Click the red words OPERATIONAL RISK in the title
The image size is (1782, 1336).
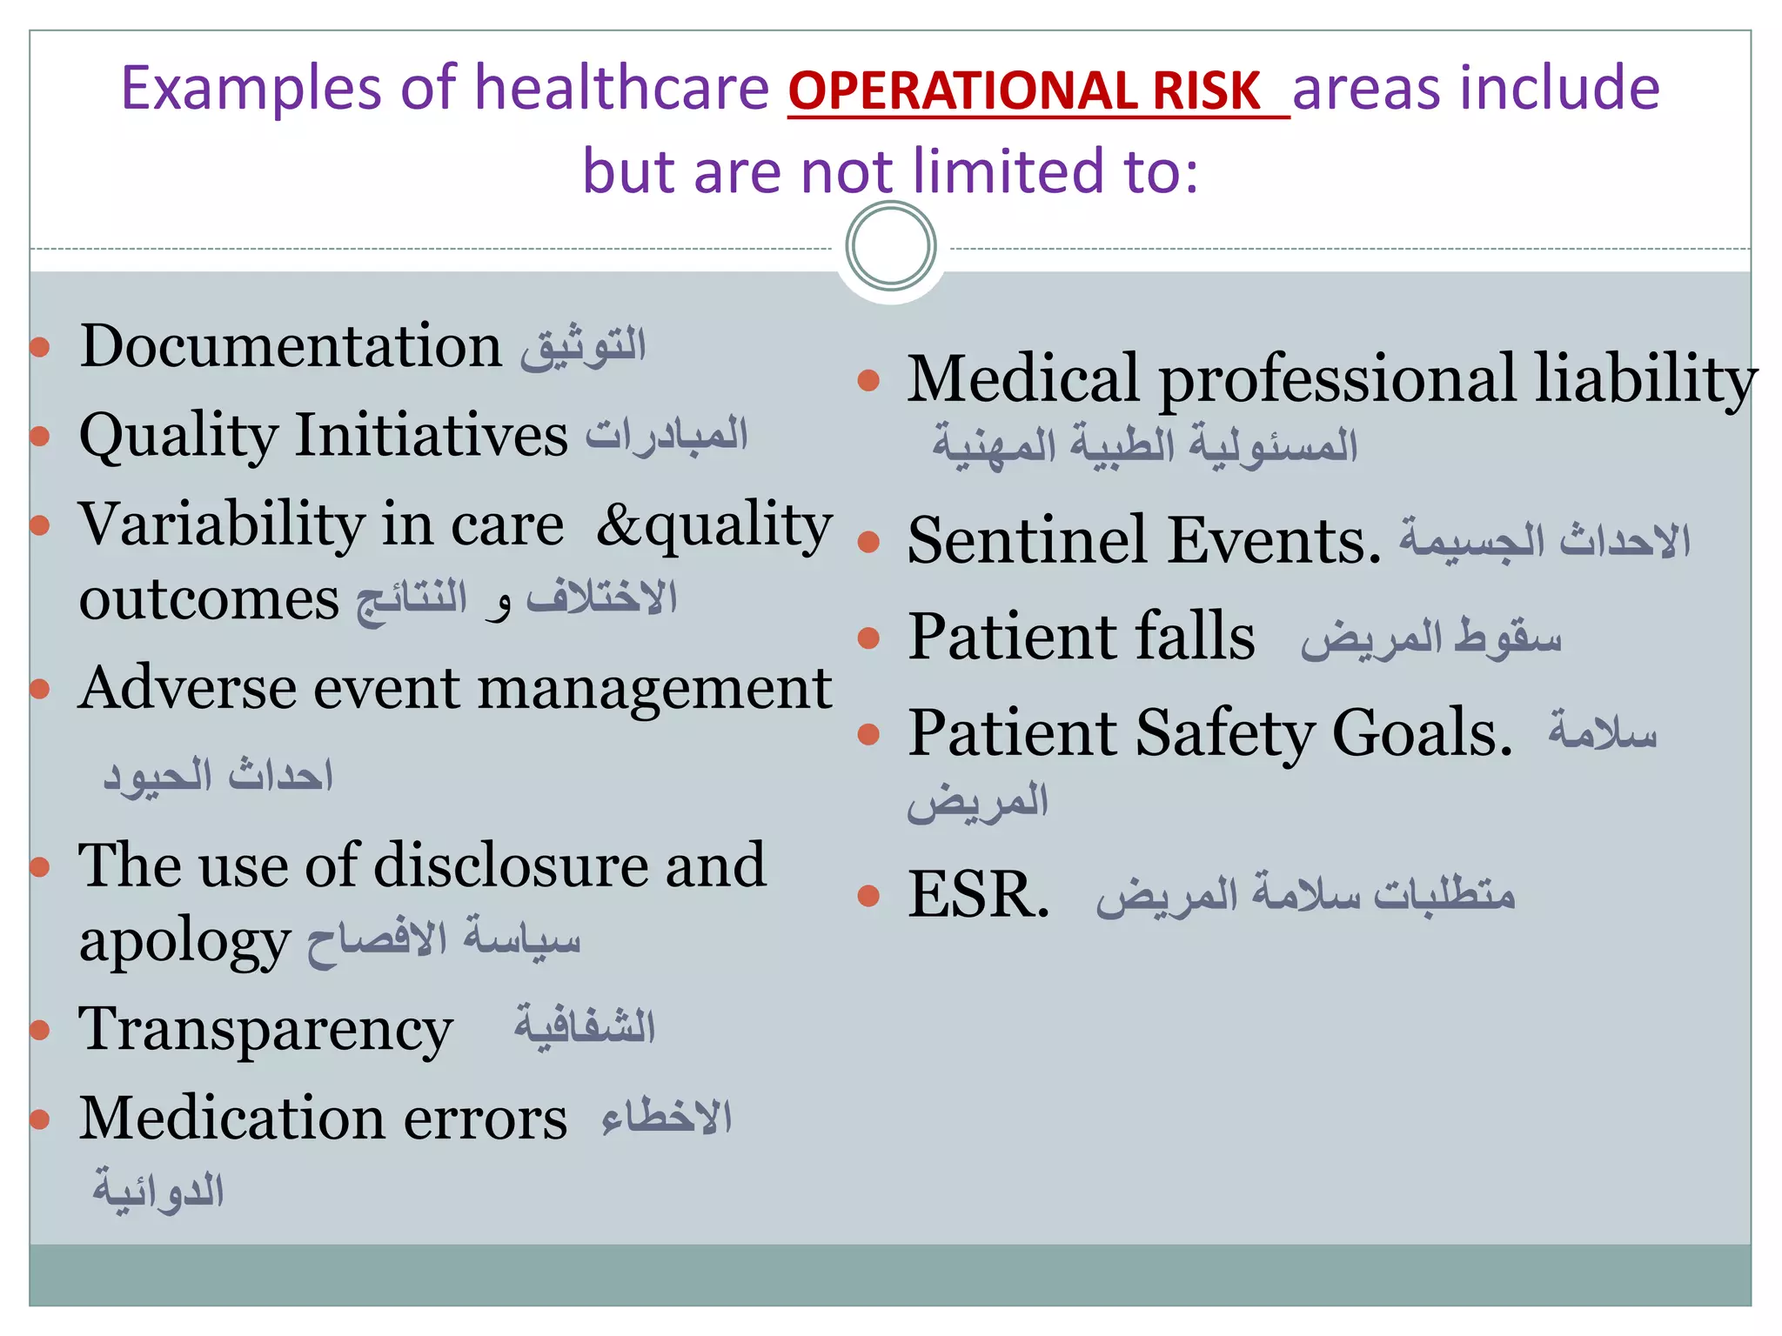1024,90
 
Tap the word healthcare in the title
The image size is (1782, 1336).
622,89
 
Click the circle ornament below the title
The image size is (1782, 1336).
890,246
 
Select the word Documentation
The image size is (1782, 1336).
291,346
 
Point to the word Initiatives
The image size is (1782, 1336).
432,435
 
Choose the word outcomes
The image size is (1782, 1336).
209,599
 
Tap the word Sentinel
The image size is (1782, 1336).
1028,540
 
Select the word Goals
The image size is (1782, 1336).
1423,733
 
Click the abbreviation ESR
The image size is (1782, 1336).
978,894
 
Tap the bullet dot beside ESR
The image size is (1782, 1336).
868,896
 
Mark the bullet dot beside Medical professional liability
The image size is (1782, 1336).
868,380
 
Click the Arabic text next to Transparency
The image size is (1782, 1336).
584,1027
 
